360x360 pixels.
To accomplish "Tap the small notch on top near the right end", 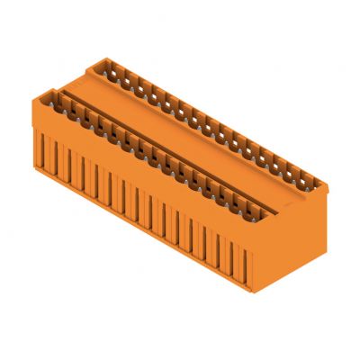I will click(286, 204).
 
